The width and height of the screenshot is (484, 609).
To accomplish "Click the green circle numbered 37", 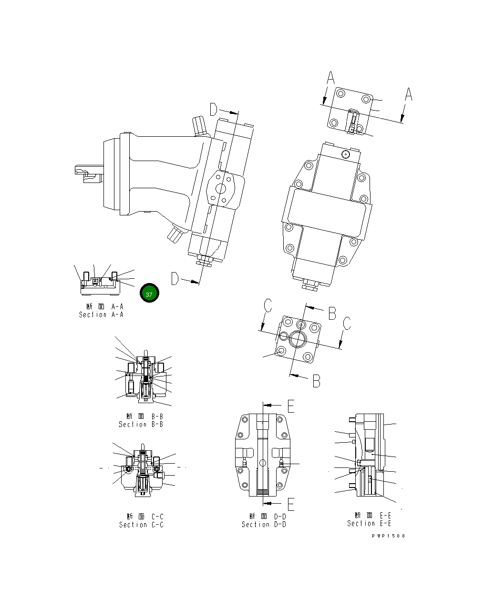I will click(x=149, y=294).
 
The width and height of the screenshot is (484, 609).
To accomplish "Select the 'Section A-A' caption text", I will click(x=101, y=315).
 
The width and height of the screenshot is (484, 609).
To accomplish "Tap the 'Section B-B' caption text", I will click(x=141, y=425).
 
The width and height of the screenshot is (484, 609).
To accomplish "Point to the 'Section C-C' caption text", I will click(x=141, y=525).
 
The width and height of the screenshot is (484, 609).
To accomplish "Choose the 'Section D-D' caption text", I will click(x=264, y=525).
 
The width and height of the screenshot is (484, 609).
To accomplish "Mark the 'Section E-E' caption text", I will click(x=369, y=523).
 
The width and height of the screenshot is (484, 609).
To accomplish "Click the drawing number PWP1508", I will click(x=389, y=536).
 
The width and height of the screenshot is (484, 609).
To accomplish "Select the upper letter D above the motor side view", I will click(x=214, y=110).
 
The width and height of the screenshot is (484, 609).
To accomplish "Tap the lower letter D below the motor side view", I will click(x=175, y=279).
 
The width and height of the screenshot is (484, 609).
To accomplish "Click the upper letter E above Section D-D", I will click(x=291, y=406).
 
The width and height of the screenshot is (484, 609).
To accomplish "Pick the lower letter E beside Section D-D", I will click(x=291, y=504).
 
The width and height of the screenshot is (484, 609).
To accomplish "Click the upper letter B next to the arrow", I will click(x=332, y=313).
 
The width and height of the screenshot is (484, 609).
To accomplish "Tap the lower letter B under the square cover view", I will click(x=316, y=381).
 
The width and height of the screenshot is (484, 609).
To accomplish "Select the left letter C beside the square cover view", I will click(x=268, y=306).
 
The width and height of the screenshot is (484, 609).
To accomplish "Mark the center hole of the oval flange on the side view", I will click(x=221, y=189).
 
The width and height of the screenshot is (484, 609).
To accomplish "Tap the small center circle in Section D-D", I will click(x=262, y=463).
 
